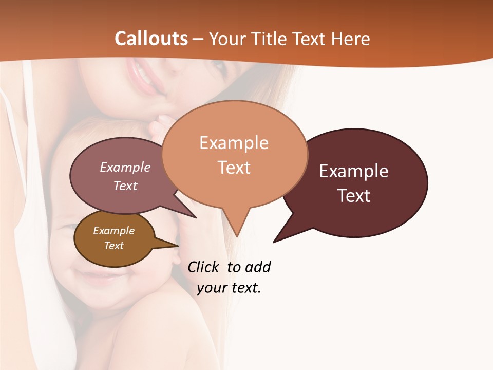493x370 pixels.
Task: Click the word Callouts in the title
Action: pos(151,39)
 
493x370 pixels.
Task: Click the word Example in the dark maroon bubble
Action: pos(353,171)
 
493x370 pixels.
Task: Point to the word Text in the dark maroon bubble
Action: pos(353,196)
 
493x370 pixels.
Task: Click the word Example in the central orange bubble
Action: pos(234,143)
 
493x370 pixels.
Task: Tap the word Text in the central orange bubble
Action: pos(234,168)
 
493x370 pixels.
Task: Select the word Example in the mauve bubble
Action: pos(125,167)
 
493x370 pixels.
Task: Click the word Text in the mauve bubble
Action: pos(125,186)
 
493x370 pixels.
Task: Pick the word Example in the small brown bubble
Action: pos(113,231)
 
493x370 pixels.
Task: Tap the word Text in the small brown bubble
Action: pos(113,246)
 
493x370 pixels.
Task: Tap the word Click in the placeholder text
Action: pos(204,267)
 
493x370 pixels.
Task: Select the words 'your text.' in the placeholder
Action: pos(229,288)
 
